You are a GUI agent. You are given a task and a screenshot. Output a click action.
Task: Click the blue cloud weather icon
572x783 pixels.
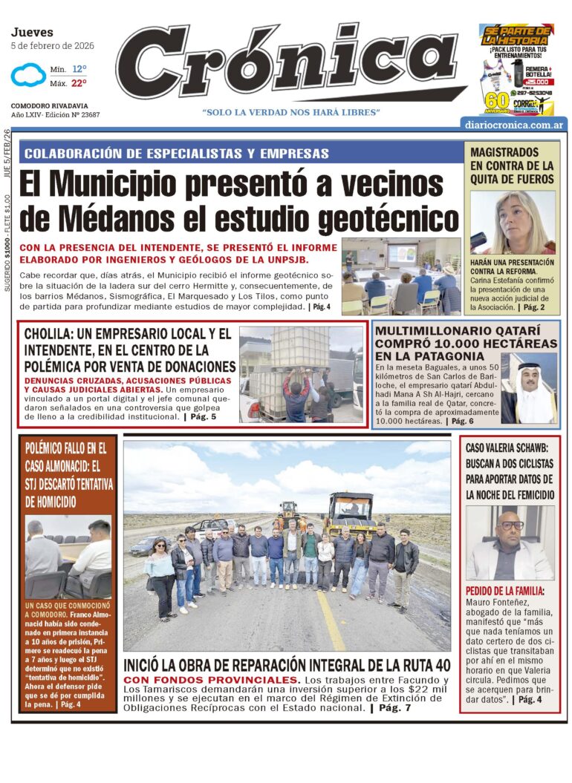tap(28, 75)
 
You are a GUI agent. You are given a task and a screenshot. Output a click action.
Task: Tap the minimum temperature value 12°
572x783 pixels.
tap(79, 68)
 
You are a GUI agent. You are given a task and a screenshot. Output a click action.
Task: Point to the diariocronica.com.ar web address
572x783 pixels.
tap(513, 125)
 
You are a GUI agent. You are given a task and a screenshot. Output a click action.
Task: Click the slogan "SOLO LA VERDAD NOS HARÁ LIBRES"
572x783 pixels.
tap(291, 112)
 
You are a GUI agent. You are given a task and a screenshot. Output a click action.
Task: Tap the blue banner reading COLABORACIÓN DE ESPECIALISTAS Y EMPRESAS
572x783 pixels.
tap(177, 154)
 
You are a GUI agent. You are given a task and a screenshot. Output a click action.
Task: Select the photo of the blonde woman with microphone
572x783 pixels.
tap(513, 223)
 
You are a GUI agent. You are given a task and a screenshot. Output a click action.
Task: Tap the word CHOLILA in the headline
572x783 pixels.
tap(53, 333)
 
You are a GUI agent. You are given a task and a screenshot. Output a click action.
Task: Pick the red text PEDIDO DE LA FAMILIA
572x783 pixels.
tap(504, 591)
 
